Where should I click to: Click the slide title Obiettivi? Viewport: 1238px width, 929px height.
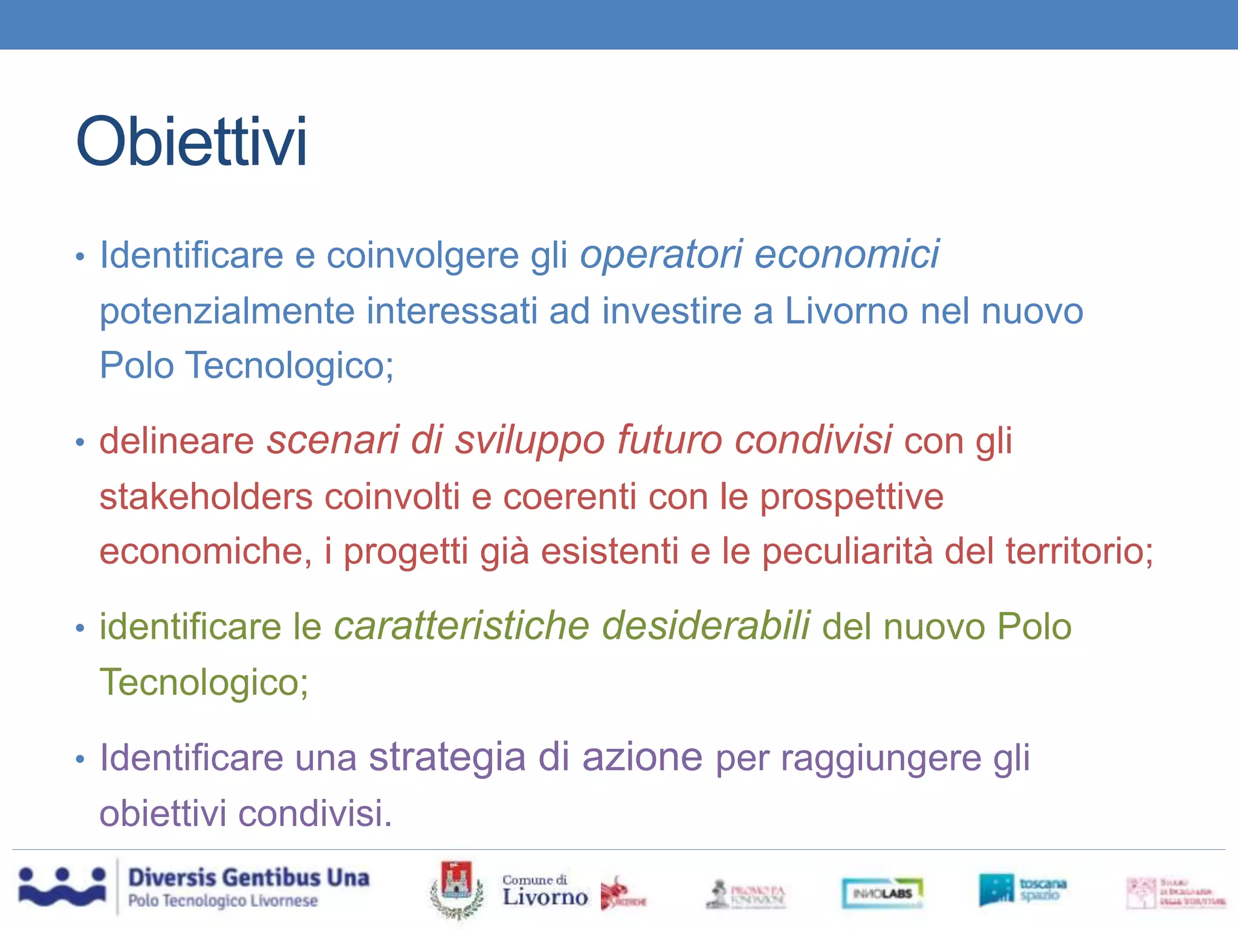[192, 142]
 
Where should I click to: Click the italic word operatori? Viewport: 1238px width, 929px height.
[661, 254]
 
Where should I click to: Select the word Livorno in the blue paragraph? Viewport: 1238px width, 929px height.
[846, 311]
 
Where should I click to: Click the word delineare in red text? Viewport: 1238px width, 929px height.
[177, 440]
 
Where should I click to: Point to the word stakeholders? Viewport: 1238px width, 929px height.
[206, 497]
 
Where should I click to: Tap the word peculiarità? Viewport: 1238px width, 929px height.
[847, 552]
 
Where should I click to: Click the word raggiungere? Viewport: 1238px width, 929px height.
[881, 758]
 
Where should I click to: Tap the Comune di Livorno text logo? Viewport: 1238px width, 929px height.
[545, 891]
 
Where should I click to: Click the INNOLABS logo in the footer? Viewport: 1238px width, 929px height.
[883, 893]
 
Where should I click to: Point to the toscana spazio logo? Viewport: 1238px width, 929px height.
[1022, 889]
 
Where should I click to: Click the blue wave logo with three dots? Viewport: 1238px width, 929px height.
[62, 887]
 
